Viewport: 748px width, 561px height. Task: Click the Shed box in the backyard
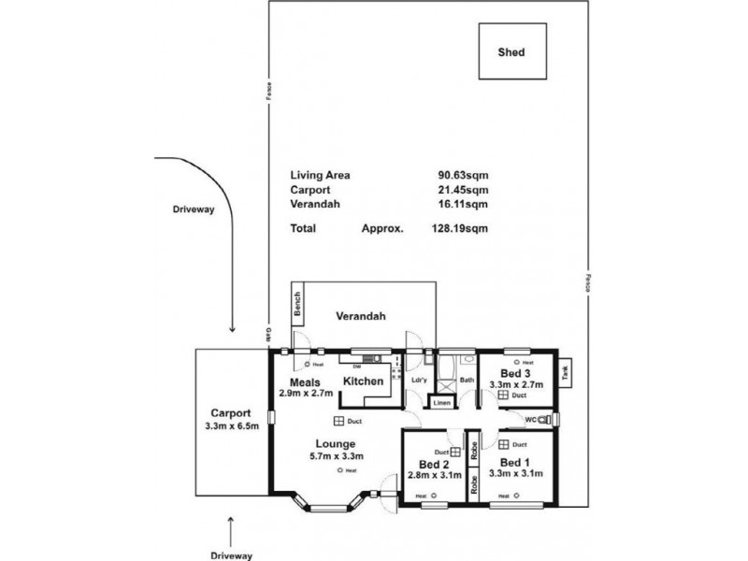pos(511,52)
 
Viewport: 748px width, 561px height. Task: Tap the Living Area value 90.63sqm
pos(463,175)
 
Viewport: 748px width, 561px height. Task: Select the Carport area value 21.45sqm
pos(463,189)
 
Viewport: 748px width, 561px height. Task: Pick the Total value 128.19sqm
pos(463,227)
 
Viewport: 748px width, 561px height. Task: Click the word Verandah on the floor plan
pos(362,316)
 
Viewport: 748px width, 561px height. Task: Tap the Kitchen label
pos(362,381)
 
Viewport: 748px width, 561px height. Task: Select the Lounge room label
pos(334,443)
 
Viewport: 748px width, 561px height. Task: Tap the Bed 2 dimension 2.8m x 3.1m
pos(435,475)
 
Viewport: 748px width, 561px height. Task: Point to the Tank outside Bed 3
pos(565,371)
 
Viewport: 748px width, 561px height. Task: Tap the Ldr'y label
pos(418,381)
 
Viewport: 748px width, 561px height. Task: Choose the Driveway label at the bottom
pos(231,555)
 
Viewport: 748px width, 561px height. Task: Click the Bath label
pos(467,381)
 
